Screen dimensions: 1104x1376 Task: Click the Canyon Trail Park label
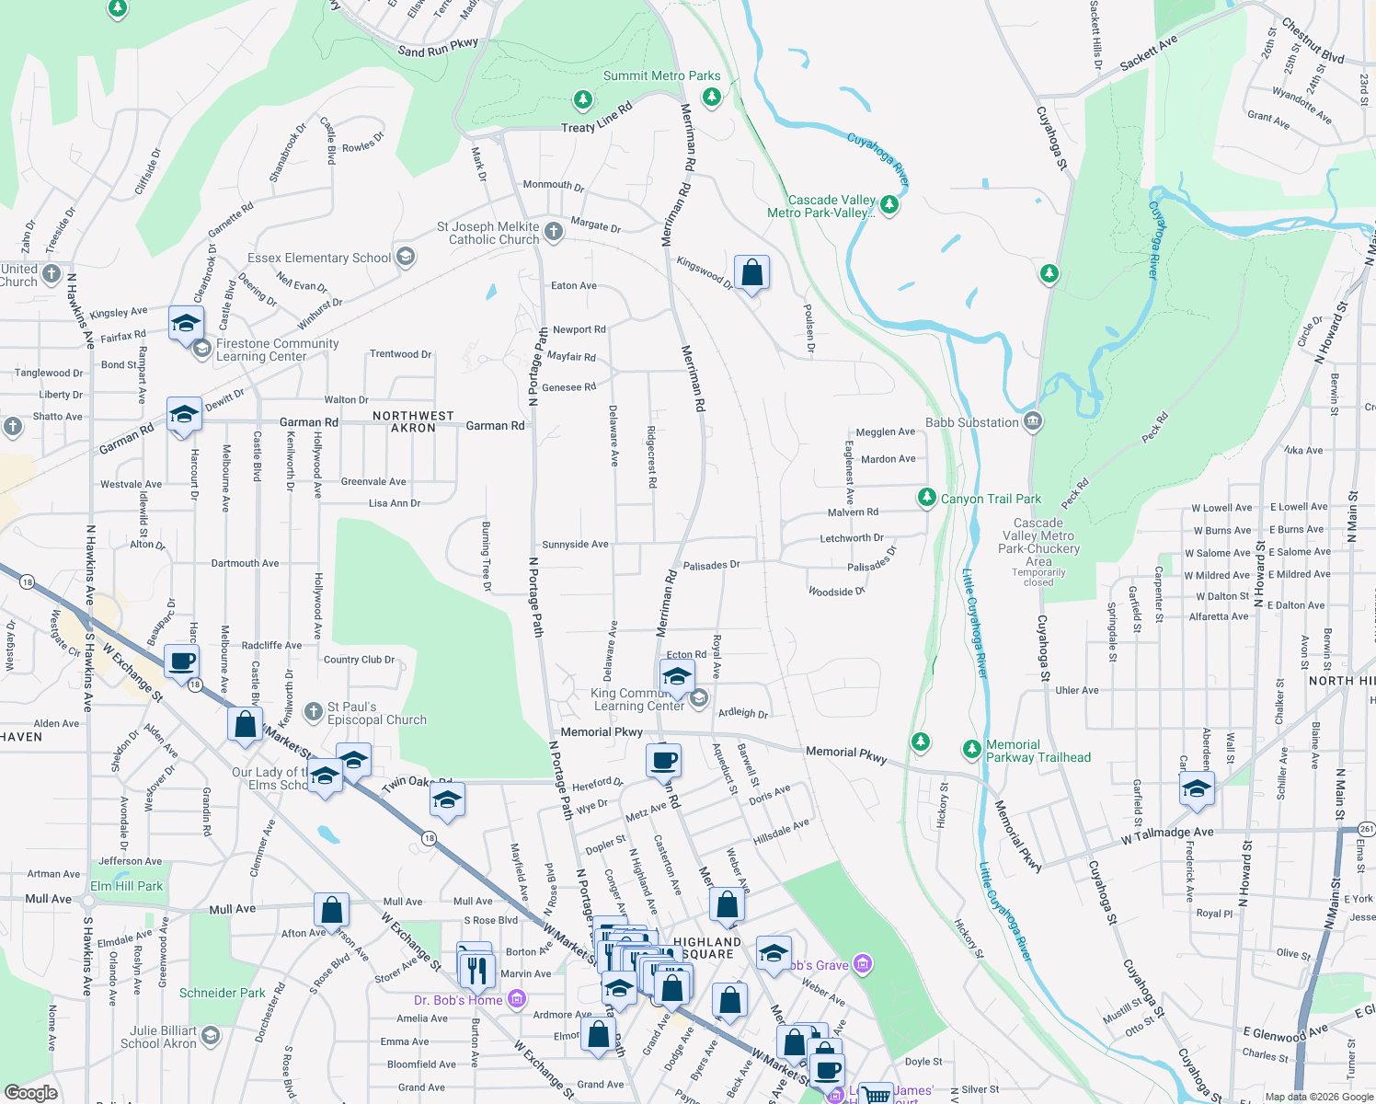click(991, 499)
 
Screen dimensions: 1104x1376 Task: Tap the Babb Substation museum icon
click(1032, 422)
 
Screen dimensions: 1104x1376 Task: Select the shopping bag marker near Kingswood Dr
click(751, 273)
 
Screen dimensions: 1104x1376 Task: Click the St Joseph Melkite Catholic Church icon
click(553, 232)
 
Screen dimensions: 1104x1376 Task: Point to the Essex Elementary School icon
click(405, 258)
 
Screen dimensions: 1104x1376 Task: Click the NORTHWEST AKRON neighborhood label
click(413, 421)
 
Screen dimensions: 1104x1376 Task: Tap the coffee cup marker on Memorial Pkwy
click(663, 761)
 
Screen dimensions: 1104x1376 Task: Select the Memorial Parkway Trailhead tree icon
click(971, 750)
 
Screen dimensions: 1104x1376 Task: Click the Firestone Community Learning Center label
click(277, 350)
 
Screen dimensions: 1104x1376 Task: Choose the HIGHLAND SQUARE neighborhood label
click(707, 948)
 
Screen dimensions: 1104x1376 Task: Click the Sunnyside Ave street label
click(575, 545)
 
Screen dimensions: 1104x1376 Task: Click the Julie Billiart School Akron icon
click(210, 1037)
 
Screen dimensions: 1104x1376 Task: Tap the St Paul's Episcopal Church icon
click(315, 712)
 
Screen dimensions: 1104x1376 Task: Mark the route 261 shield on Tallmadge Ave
click(1366, 829)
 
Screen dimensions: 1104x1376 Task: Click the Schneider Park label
click(222, 993)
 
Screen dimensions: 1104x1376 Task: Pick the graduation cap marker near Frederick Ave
click(1197, 788)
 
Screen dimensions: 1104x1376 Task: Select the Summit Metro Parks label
click(661, 75)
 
